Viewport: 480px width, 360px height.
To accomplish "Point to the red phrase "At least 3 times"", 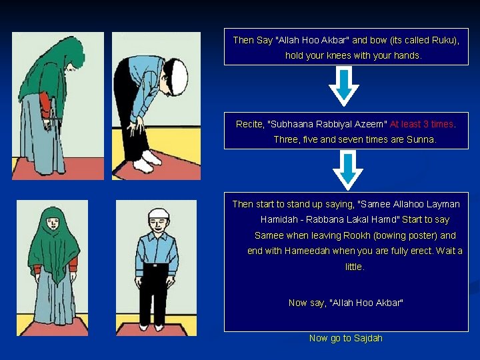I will [421, 124].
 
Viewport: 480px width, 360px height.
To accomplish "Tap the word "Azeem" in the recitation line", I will [367, 124].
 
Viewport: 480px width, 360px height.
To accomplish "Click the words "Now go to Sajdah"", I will [345, 338].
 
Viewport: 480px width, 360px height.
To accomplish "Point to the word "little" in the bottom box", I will [354, 267].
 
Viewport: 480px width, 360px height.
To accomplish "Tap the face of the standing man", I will [157, 225].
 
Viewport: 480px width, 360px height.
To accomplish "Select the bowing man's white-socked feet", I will [147, 160].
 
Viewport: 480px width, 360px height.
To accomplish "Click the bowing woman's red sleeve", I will [45, 103].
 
